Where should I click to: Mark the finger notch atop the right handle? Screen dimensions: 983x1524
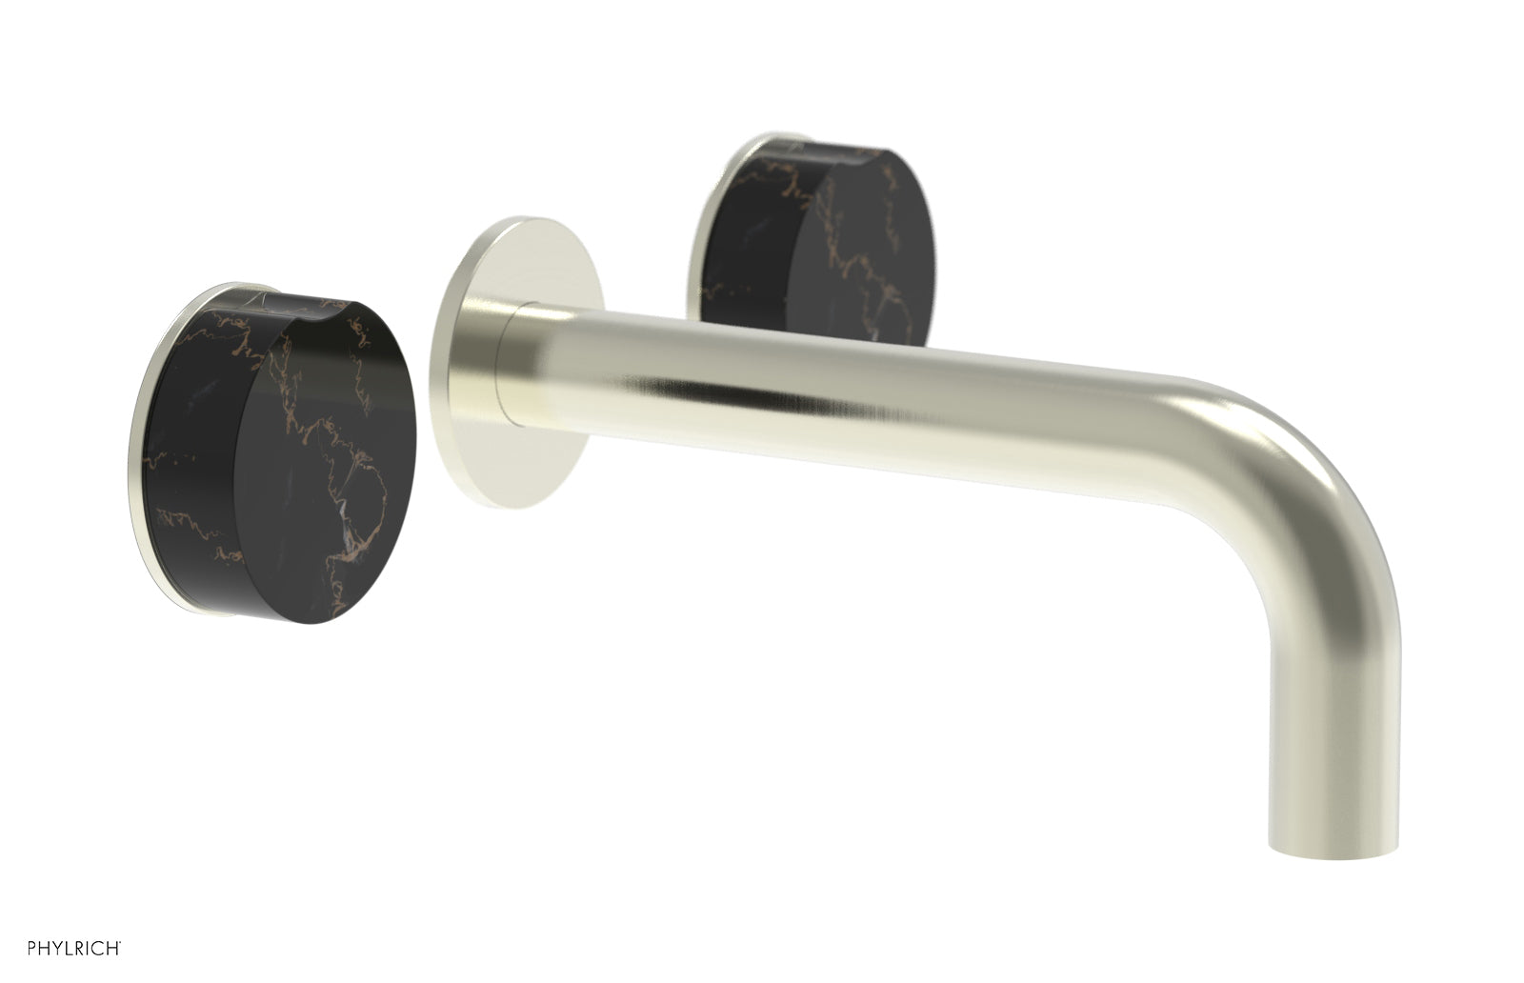pos(838,152)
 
